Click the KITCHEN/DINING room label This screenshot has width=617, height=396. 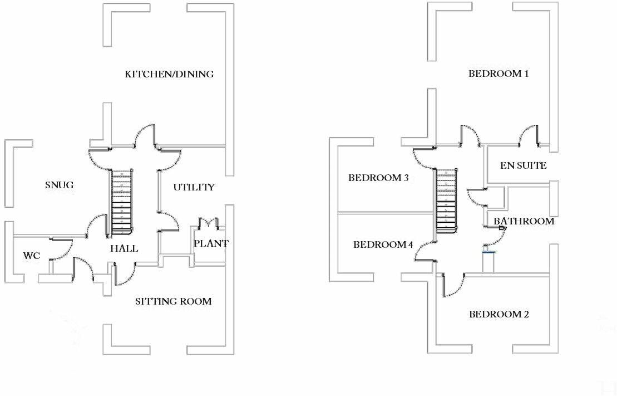[169, 74]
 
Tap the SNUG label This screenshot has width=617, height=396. [60, 185]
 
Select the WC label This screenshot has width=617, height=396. [32, 256]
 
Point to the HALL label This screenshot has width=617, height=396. [124, 248]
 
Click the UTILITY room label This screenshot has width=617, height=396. [194, 187]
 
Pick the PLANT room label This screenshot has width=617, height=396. [211, 243]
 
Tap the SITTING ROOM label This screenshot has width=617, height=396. [173, 301]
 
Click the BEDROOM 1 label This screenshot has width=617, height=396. [498, 74]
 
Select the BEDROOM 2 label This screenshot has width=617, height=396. [499, 314]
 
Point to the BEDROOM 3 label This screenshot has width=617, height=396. [378, 178]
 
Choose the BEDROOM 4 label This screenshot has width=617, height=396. [383, 245]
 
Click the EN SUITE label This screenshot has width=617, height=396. [524, 165]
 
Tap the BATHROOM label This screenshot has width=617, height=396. [524, 222]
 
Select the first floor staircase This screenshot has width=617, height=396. [446, 201]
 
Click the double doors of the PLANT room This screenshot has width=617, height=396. [208, 223]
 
